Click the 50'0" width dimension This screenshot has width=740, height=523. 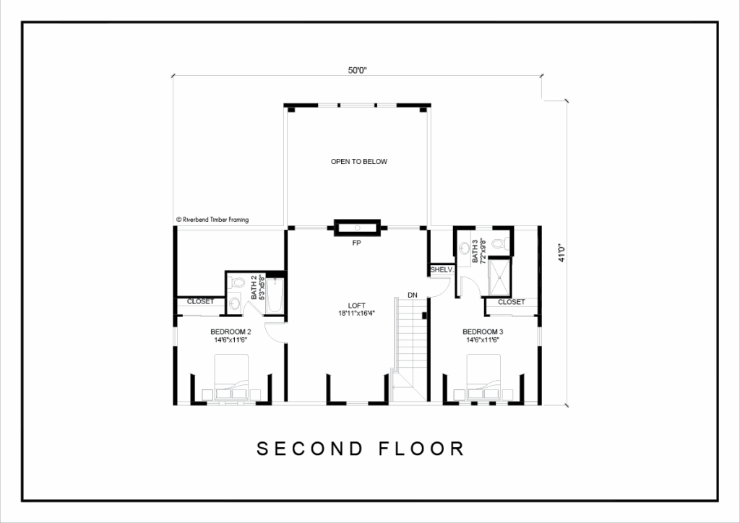tap(357, 70)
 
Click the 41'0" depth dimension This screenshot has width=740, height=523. tap(562, 253)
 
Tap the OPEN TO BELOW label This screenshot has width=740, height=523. tap(358, 161)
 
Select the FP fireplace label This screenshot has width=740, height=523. tap(356, 243)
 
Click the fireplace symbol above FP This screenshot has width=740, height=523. tap(357, 228)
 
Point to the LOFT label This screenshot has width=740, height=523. tap(356, 306)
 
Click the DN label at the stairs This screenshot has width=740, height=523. tap(413, 295)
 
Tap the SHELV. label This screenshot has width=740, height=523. tap(442, 269)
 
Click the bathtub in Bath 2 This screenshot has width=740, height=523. tap(274, 295)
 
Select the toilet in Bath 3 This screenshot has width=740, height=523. tap(499, 243)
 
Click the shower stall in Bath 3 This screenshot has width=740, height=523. tap(499, 277)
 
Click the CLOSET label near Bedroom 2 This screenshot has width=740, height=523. tap(201, 301)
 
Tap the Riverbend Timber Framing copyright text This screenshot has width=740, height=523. tap(212, 220)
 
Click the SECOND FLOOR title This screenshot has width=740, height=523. tap(361, 449)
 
